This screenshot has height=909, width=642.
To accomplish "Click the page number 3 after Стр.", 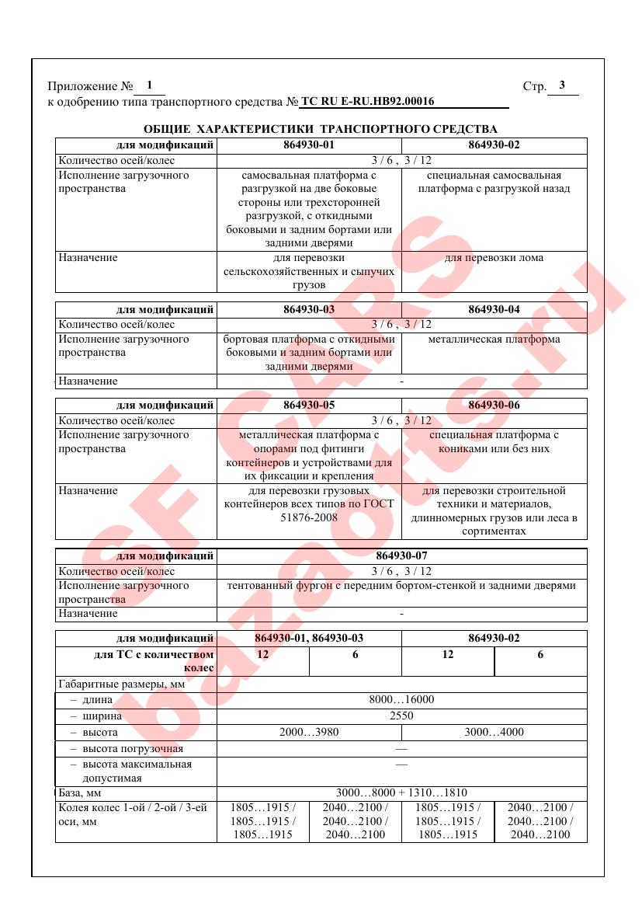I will (562, 85).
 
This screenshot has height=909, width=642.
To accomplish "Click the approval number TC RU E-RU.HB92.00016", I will (367, 101).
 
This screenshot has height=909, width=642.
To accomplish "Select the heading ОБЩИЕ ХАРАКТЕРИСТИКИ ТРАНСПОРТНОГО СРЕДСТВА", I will (321, 129).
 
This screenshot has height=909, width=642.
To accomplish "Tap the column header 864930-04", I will (494, 309).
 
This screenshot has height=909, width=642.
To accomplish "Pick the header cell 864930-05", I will (309, 405).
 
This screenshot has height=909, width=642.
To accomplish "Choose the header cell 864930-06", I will (494, 405).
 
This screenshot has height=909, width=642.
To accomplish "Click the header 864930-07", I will (401, 555).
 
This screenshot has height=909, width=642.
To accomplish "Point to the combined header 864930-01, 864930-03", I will (309, 638).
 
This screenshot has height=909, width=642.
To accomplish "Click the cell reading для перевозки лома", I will (494, 258).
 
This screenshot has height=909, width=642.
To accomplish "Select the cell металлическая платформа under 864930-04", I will (494, 339).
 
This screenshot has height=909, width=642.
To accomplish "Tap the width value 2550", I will (401, 716).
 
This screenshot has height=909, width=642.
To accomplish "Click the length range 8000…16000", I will (401, 699).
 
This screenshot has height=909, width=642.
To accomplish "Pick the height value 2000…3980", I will (309, 732).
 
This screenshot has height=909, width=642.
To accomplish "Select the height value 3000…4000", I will (494, 732).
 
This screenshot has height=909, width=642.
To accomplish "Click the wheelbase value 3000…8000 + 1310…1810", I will (401, 792).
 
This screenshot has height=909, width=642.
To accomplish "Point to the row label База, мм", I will (80, 792).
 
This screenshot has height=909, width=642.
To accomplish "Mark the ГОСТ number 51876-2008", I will (309, 517).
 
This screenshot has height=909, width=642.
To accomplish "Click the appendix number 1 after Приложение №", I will (149, 85).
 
